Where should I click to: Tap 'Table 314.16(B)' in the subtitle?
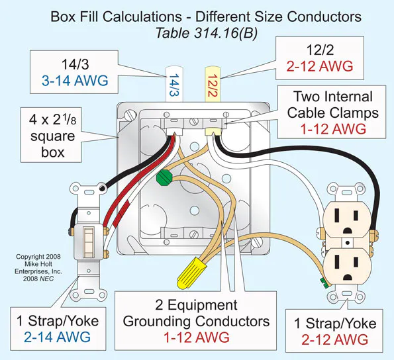click(x=197, y=31)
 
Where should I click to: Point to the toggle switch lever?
click(x=85, y=241)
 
